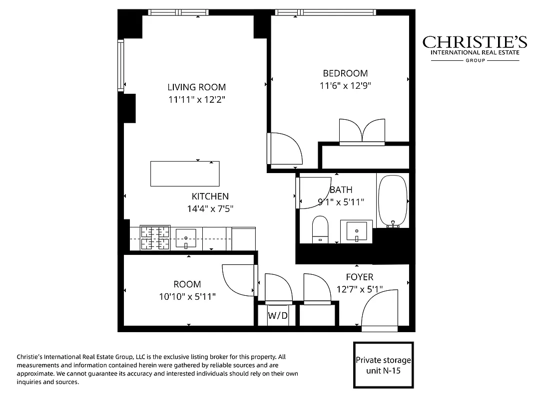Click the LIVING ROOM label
[x=196, y=87]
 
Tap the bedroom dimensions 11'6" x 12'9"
[x=345, y=85]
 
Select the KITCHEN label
[x=210, y=197]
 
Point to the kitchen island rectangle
[x=185, y=174]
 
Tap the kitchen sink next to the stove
[x=185, y=238]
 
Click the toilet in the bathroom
[x=320, y=229]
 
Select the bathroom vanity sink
[x=357, y=231]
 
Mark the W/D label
[x=277, y=315]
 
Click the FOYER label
[x=360, y=277]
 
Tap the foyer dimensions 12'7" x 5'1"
[x=360, y=289]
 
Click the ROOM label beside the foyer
[x=187, y=284]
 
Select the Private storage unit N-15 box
[x=383, y=365]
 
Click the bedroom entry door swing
[x=285, y=148]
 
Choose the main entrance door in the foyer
[x=380, y=312]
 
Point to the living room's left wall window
[x=120, y=65]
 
